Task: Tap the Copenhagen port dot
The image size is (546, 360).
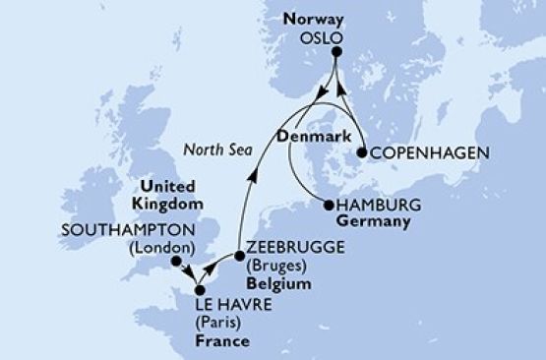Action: pyautogui.click(x=362, y=153)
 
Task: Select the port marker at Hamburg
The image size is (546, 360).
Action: pyautogui.click(x=329, y=206)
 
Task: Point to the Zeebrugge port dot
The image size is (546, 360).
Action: pyautogui.click(x=239, y=256)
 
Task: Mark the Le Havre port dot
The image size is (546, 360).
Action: pyautogui.click(x=198, y=290)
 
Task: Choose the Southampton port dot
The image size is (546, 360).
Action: pyautogui.click(x=175, y=263)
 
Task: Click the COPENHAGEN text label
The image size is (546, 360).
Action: pyautogui.click(x=420, y=154)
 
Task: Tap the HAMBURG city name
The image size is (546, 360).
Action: pyautogui.click(x=379, y=206)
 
